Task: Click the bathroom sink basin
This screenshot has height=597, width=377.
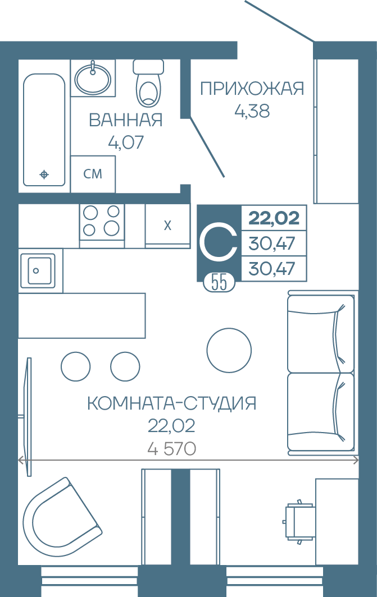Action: tap(93, 80)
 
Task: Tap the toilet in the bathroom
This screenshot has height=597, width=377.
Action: tap(149, 82)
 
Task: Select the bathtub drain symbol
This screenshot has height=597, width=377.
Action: tap(44, 174)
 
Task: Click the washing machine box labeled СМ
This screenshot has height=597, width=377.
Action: tap(93, 173)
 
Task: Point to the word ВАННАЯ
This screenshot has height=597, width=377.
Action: tap(126, 120)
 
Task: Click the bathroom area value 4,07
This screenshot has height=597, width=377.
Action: tap(126, 143)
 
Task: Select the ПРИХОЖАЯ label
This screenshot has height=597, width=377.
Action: tap(252, 89)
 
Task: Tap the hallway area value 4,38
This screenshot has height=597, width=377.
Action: tap(252, 111)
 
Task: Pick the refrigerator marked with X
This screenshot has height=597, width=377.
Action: tap(168, 226)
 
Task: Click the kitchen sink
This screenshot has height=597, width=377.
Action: tap(36, 270)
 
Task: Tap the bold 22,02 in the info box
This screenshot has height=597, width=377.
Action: tap(274, 218)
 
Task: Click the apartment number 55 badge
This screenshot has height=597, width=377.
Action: tap(219, 283)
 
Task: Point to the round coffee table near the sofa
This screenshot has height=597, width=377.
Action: tap(229, 350)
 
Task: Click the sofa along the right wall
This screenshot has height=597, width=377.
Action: tap(321, 373)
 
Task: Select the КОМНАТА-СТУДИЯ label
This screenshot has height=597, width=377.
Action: tap(171, 403)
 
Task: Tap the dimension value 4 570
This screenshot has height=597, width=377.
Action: tap(171, 449)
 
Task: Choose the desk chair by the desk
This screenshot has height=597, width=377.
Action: tap(299, 521)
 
